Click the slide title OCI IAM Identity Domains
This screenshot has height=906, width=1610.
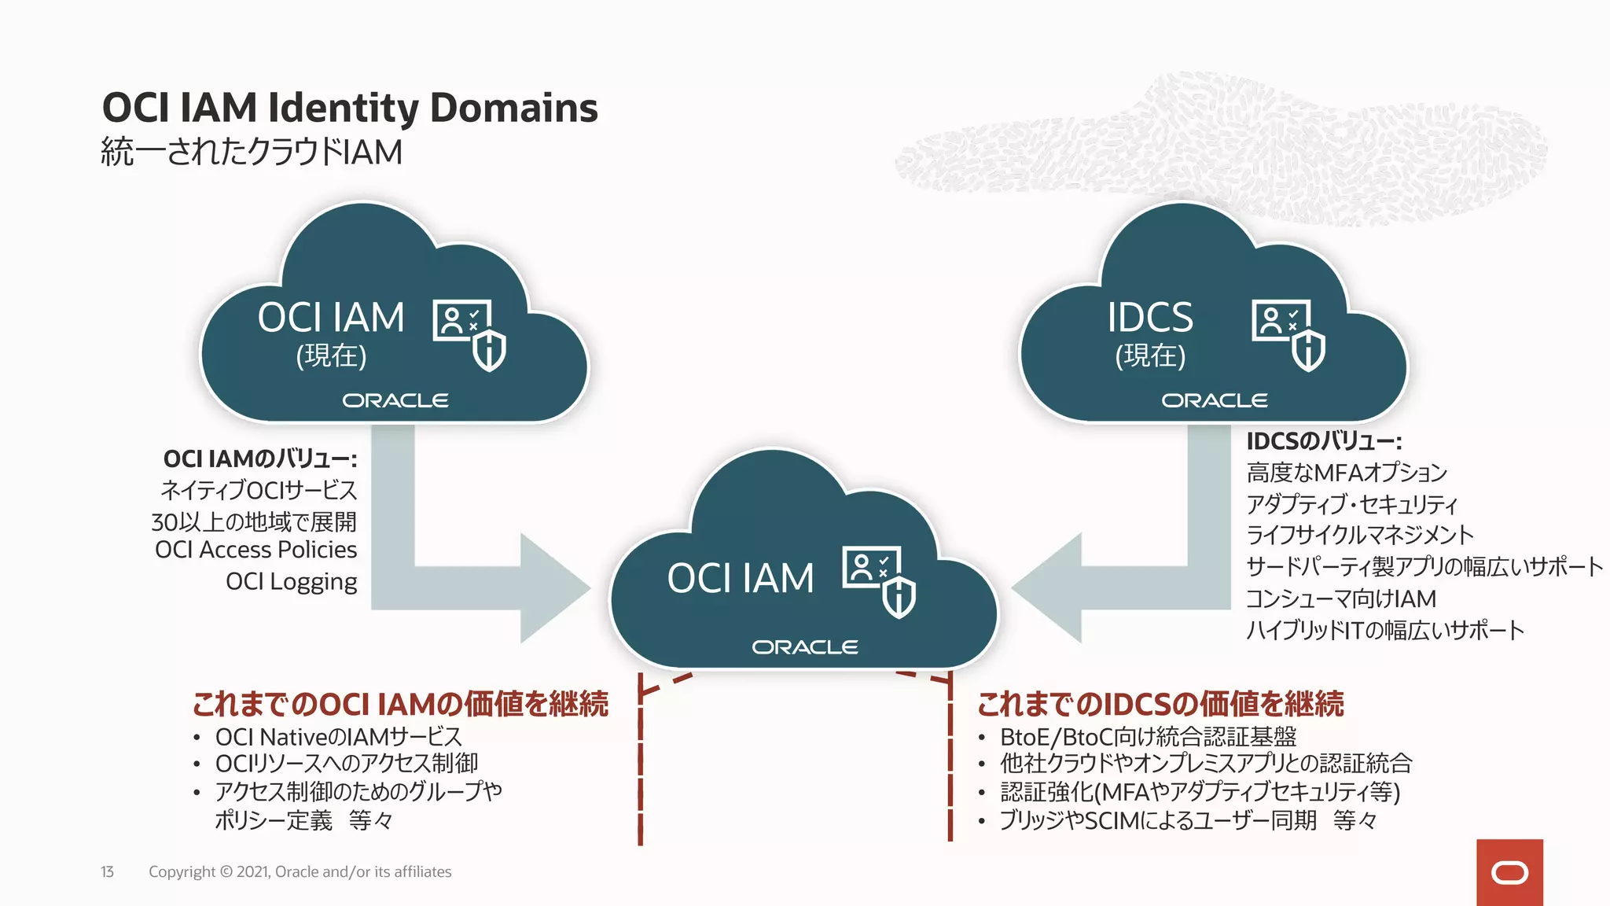click(350, 108)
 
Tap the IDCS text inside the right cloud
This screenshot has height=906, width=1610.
click(1149, 318)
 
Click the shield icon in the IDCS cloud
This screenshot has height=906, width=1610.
click(1309, 351)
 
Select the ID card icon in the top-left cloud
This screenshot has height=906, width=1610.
click(461, 320)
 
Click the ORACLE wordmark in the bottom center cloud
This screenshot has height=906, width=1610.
click(804, 647)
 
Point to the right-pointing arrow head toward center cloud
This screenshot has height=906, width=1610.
click(554, 587)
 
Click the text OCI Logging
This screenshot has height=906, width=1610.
click(291, 581)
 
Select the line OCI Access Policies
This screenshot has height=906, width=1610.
click(255, 550)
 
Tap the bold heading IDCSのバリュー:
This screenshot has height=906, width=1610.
click(1324, 441)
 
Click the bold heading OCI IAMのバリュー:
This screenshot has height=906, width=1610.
click(259, 459)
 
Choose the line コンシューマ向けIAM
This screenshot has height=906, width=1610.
click(1340, 598)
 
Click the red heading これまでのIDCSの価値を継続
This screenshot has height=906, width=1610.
click(1160, 704)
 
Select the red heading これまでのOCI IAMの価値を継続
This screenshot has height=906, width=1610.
click(400, 704)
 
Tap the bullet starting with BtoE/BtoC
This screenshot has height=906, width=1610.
click(1148, 737)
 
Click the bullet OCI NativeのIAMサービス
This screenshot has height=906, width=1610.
click(338, 737)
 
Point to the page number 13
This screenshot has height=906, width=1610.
click(107, 871)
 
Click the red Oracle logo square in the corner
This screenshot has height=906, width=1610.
click(1509, 872)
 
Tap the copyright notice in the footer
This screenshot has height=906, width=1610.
click(300, 871)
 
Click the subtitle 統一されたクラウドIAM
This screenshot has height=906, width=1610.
click(252, 152)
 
